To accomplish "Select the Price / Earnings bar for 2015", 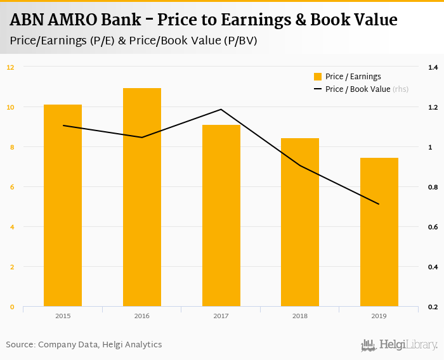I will tap(63, 206).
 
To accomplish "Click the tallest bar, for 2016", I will tap(142, 198).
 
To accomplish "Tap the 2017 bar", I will tap(221, 216).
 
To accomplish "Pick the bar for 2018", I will tap(300, 222).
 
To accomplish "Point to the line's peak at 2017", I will tap(221, 110).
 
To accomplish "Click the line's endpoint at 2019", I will tap(379, 204).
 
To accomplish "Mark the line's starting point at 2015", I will tap(63, 125).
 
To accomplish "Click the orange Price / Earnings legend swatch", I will tap(318, 77).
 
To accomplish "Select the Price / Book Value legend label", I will tap(358, 89).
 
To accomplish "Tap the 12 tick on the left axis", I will tap(10, 67).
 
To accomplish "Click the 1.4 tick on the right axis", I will tap(433, 67).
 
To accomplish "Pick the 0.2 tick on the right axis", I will tap(433, 307).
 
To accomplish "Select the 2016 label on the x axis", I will tap(142, 316).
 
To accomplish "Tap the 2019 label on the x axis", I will tap(379, 316).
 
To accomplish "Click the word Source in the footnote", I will tap(20, 345).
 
